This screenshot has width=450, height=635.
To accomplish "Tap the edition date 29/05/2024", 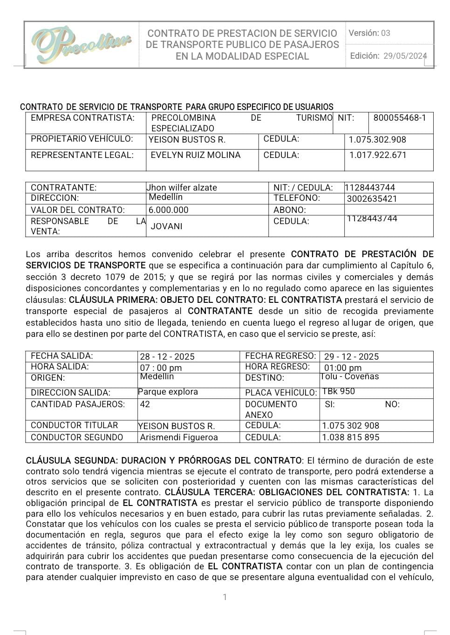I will coord(405,56).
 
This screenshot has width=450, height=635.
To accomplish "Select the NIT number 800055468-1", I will coord(400,118).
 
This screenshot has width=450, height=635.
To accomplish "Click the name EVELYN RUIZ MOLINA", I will coord(196,155).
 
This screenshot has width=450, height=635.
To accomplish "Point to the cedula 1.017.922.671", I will coord(378,155).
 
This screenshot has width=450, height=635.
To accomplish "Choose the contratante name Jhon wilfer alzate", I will coord(182,188).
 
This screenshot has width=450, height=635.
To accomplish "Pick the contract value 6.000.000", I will coord(169,210).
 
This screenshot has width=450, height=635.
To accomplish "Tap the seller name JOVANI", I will coord(167,226).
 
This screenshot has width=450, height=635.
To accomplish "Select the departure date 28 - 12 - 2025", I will coord(167,357).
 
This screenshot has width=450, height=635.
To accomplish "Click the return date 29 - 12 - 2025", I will coord(352,357).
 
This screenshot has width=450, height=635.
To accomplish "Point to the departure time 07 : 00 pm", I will coord(161,368).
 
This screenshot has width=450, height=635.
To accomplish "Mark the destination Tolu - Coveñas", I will coord(350,376).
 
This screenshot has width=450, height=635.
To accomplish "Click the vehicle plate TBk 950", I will coord(339,391).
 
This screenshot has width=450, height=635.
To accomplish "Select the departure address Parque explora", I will coord(168,392).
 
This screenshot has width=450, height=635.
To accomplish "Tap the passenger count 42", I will coord(145,404).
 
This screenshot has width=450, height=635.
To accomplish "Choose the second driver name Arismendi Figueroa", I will coord(179,437).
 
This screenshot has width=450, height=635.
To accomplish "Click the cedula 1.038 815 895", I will coord(351,437).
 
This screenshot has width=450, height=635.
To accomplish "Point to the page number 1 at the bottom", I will coord(225,597).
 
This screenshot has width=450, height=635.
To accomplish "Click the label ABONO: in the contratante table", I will coord(290,210).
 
